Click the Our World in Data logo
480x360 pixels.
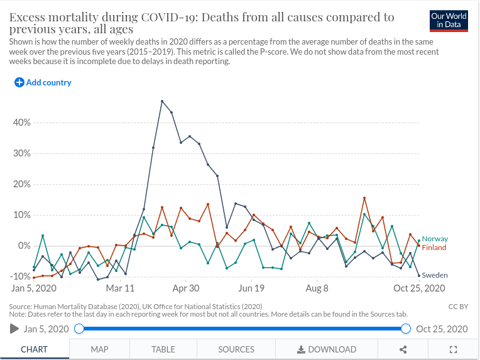(x=449, y=20)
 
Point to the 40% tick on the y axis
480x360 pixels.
(x=22, y=123)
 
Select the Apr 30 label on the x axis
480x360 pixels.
(x=185, y=288)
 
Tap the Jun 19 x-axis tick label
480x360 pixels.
(x=251, y=288)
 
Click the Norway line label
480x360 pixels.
(x=435, y=239)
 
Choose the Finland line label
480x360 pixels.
(x=434, y=248)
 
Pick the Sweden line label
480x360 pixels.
(x=434, y=275)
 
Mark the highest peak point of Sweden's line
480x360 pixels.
(x=162, y=101)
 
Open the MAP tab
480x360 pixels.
(x=99, y=349)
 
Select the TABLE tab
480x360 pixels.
(x=163, y=349)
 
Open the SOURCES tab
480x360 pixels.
(x=236, y=349)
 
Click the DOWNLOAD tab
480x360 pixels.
(x=327, y=349)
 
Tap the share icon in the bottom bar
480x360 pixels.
(x=403, y=349)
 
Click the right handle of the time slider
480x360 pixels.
(x=406, y=329)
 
